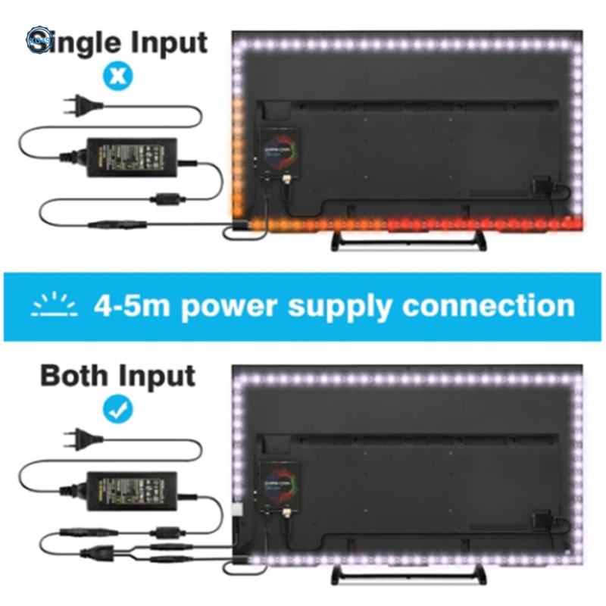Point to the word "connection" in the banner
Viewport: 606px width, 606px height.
point(488,306)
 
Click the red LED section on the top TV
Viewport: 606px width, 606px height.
point(485,223)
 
